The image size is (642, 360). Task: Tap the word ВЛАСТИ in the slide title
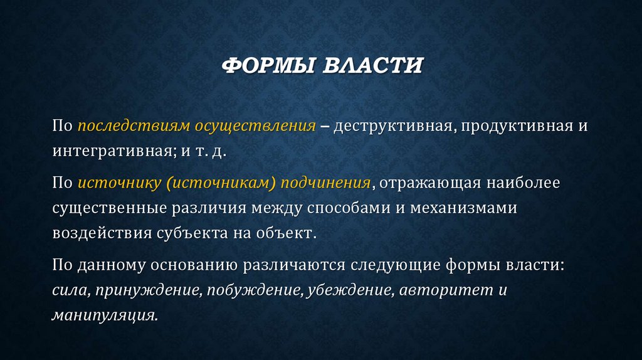(372, 65)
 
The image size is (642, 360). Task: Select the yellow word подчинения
(325, 183)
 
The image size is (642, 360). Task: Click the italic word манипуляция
(103, 314)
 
